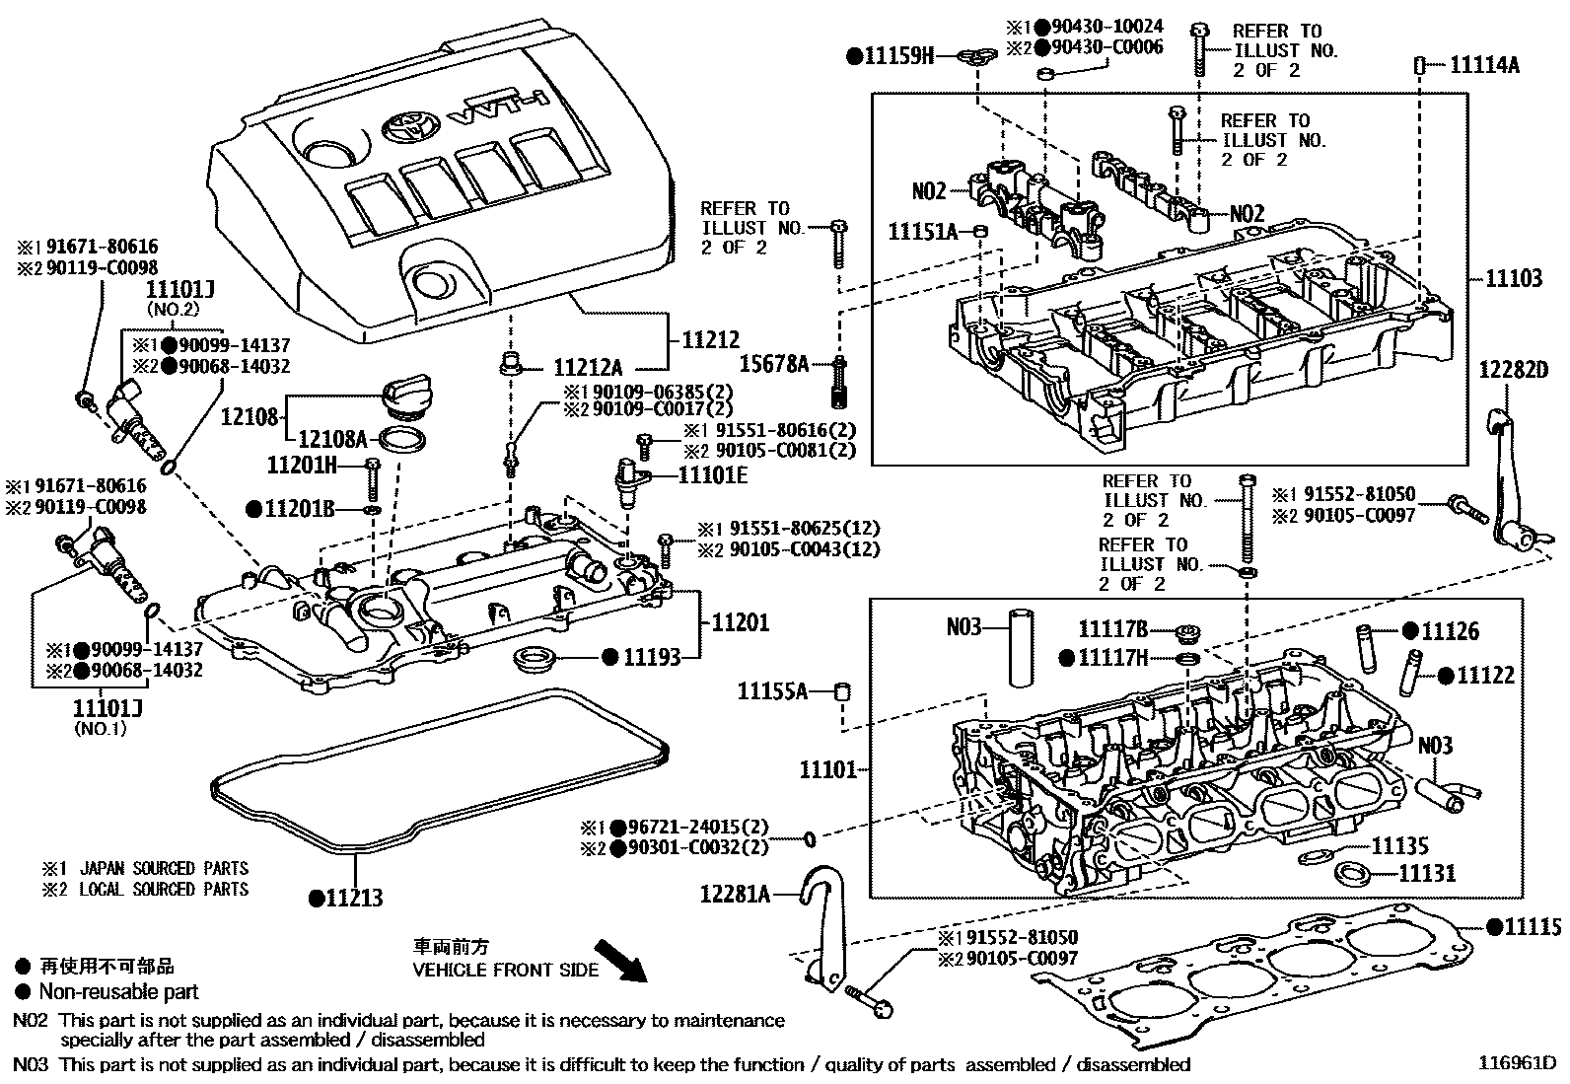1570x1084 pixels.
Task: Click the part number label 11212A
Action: point(588,369)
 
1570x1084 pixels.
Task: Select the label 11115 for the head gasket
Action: point(1532,926)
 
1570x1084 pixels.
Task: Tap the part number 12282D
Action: point(1514,370)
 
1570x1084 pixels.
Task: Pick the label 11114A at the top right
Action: point(1483,66)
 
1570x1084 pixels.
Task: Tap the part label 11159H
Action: point(897,56)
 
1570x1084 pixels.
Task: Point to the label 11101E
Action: point(712,475)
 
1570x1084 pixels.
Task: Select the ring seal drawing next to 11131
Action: point(1351,873)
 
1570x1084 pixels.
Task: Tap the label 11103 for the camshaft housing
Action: point(1514,279)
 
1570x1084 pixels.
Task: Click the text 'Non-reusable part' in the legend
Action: point(118,992)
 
